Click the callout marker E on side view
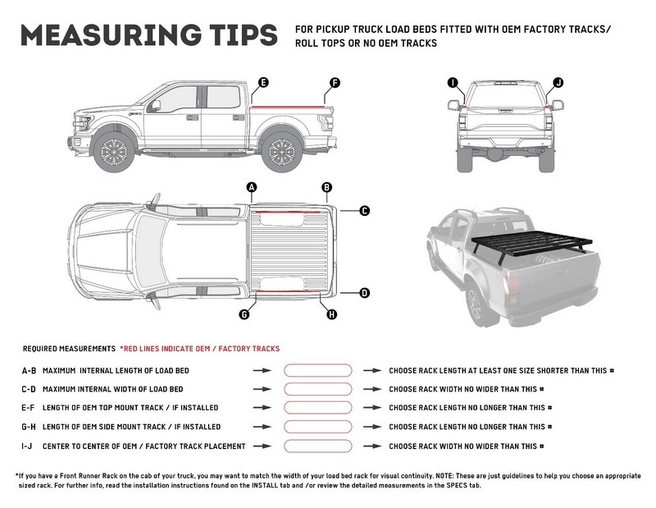262,82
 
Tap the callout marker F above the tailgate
334,83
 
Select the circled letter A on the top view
252,188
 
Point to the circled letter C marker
364,210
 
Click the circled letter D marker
364,292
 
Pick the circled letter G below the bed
244,313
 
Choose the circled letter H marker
331,313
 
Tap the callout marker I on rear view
453,82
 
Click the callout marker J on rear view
558,82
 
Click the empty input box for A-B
317,371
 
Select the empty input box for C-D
317,389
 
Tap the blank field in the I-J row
317,446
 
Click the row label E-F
29,408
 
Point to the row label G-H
29,427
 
